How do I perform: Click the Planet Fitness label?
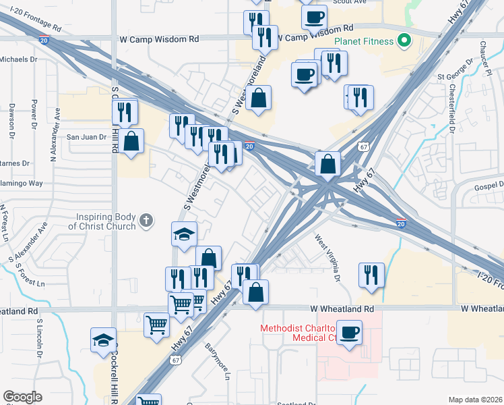(365, 41)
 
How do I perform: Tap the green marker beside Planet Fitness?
(404, 41)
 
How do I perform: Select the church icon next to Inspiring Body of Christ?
(146, 220)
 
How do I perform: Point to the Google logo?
(22, 397)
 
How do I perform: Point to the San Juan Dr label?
(86, 137)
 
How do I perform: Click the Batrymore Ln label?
(217, 364)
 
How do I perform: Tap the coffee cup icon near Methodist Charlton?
(349, 333)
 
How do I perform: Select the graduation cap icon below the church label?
(184, 234)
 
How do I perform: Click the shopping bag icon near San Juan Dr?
(132, 142)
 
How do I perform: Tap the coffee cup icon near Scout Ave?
(314, 16)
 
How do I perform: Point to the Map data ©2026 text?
(475, 400)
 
